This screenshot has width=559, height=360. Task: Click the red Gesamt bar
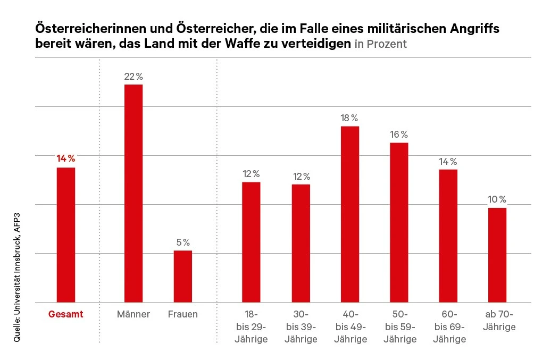(x=66, y=235)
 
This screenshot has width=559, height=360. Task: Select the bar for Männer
(x=134, y=193)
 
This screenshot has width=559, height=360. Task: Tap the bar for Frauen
(x=183, y=276)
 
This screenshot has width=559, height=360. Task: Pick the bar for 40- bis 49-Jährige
(x=350, y=214)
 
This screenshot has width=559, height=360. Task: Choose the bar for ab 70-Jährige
(x=497, y=255)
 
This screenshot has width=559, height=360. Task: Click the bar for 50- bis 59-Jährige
(x=399, y=222)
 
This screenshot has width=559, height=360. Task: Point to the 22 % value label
(x=134, y=77)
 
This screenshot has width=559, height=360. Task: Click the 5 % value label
(x=183, y=243)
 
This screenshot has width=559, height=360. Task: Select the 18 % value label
(x=350, y=118)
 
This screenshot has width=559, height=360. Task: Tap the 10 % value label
(x=497, y=200)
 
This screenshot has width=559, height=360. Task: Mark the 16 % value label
(x=399, y=135)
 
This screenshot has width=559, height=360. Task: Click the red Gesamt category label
(x=66, y=314)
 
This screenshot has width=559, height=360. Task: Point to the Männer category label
(x=134, y=314)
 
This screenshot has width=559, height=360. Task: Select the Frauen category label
(x=183, y=314)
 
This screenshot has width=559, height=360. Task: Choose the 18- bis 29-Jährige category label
(x=251, y=326)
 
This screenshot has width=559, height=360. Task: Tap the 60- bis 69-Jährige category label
(x=448, y=326)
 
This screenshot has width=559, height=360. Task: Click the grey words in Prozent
(x=380, y=44)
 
